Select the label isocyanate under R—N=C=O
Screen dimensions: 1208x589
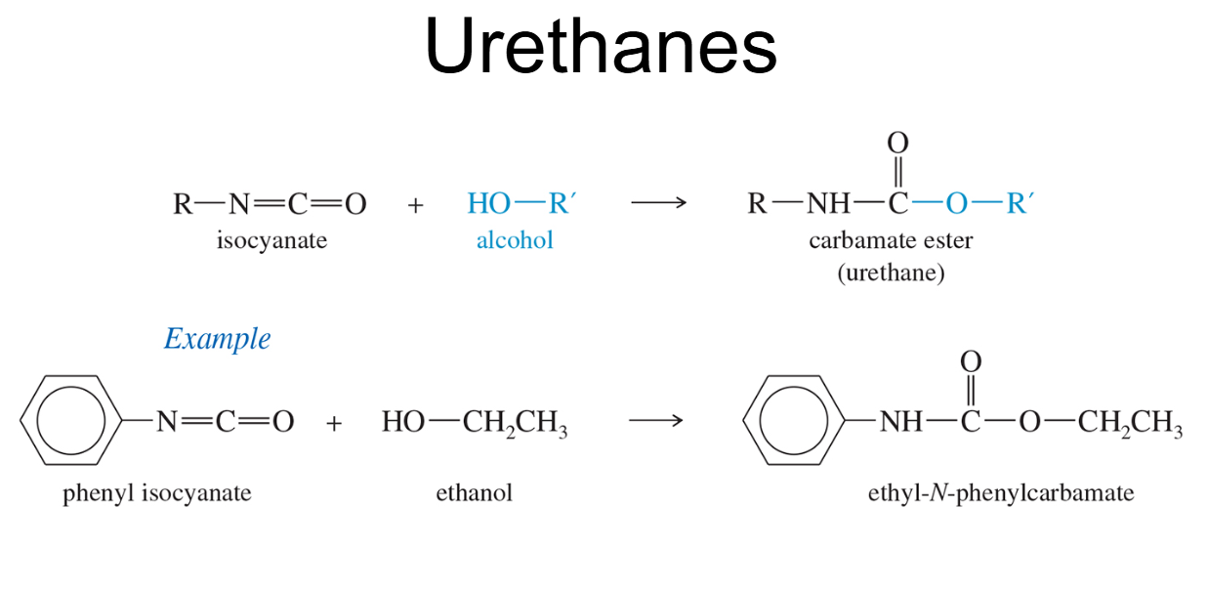tap(271, 240)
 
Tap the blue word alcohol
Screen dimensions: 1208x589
tap(515, 240)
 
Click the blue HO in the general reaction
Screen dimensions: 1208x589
tap(488, 203)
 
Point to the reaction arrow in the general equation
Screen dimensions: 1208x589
tap(659, 203)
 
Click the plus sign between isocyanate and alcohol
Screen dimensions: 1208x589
tap(415, 205)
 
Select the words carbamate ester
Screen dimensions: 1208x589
tap(891, 240)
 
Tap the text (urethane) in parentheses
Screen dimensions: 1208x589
tap(891, 273)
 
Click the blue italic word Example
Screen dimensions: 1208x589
tap(218, 339)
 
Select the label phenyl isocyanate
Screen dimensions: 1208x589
tap(157, 493)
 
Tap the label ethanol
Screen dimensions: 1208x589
tap(474, 492)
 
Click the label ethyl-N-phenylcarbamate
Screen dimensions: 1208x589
tap(1001, 493)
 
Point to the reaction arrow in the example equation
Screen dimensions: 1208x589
tap(656, 420)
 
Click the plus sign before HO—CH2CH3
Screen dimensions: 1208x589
tap(334, 423)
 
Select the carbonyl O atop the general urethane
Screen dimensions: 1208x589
tap(897, 143)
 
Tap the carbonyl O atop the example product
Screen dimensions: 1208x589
tap(971, 361)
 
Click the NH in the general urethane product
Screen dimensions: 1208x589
tap(828, 204)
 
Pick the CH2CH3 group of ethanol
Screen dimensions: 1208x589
tap(515, 423)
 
